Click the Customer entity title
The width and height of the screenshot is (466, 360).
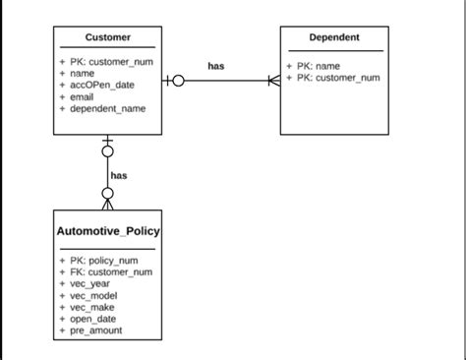pos(108,37)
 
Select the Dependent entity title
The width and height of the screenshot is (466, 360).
pos(334,37)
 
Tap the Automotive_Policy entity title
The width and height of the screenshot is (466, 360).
pos(108,232)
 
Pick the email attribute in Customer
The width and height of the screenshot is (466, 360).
pos(83,96)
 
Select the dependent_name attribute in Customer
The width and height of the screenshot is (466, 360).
pos(108,108)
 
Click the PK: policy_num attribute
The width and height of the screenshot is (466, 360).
pos(101,261)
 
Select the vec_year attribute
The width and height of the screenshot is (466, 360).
pos(90,284)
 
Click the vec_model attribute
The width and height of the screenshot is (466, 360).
pos(94,296)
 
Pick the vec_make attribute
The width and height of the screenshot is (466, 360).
pos(93,308)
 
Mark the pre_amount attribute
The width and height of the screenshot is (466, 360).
pos(96,331)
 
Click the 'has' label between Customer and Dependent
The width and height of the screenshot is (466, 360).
pos(216,66)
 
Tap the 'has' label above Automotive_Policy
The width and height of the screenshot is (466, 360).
pos(119,176)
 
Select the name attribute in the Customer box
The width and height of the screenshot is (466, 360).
pos(82,73)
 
